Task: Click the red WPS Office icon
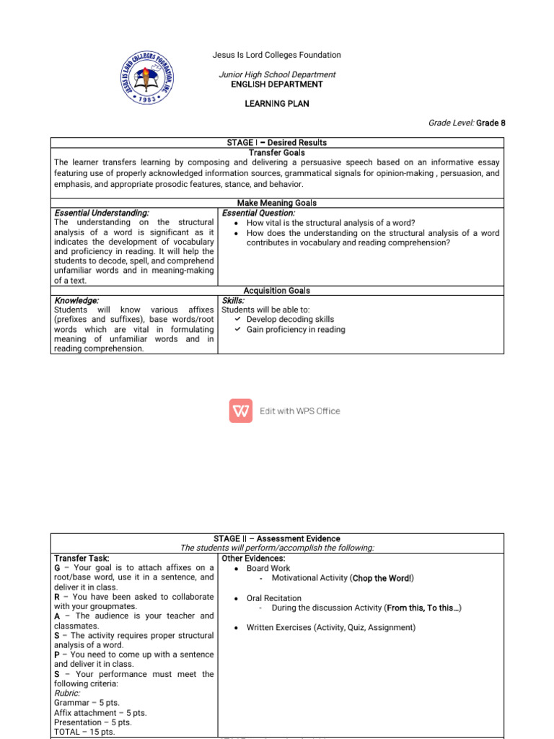pyautogui.click(x=240, y=411)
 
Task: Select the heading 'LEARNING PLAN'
pyautogui.click(x=277, y=104)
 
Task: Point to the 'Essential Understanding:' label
pyautogui.click(x=102, y=214)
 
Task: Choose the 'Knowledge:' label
pyautogui.click(x=76, y=300)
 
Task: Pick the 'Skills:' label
pyautogui.click(x=234, y=300)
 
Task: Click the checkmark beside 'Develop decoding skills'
pyautogui.click(x=237, y=319)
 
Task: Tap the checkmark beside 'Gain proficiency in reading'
pyautogui.click(x=237, y=329)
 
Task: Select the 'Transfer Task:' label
pyautogui.click(x=82, y=559)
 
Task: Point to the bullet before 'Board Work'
pyautogui.click(x=237, y=569)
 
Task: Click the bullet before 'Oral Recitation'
pyautogui.click(x=237, y=598)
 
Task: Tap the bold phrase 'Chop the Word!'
pyautogui.click(x=382, y=578)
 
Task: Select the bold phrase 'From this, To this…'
pyautogui.click(x=422, y=608)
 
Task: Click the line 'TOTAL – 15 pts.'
pyautogui.click(x=84, y=732)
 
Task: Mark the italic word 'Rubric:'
pyautogui.click(x=67, y=693)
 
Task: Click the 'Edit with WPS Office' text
pyautogui.click(x=300, y=411)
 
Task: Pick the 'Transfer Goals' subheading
pyautogui.click(x=277, y=153)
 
